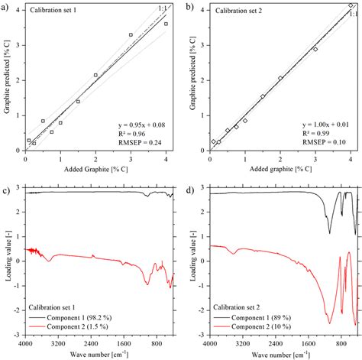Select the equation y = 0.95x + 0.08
144,123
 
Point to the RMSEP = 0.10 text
322,141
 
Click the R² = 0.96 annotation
134,132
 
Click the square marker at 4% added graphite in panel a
166,24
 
